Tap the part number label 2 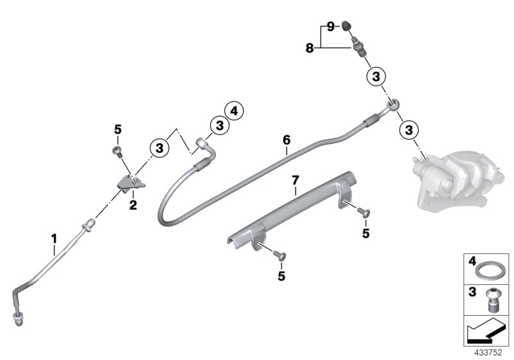click(134, 206)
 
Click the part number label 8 click(309, 48)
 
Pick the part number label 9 click(330, 26)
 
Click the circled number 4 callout click(234, 111)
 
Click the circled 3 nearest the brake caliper click(407, 130)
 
